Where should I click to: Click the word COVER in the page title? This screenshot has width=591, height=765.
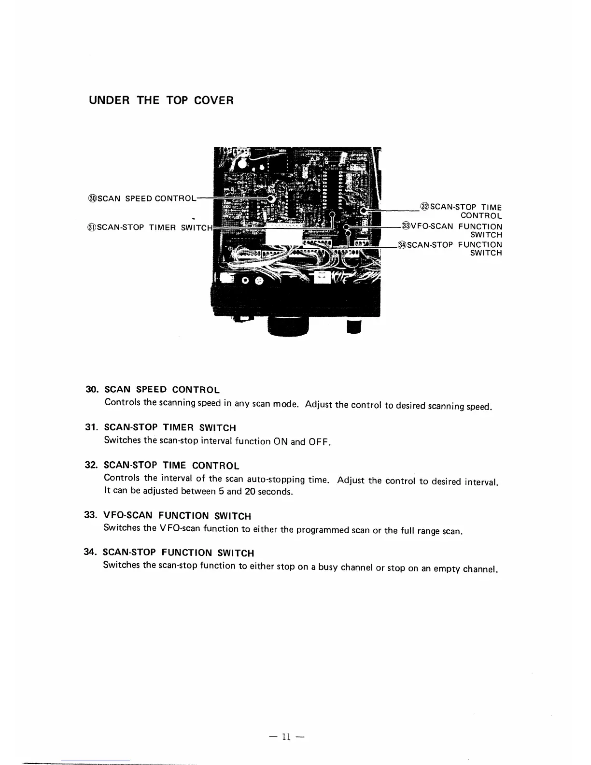click(x=213, y=100)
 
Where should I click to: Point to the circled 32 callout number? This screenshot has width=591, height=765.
click(x=425, y=207)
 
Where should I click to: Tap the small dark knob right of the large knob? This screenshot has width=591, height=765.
click(x=354, y=327)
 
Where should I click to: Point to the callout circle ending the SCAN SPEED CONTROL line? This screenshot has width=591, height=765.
click(x=271, y=198)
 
